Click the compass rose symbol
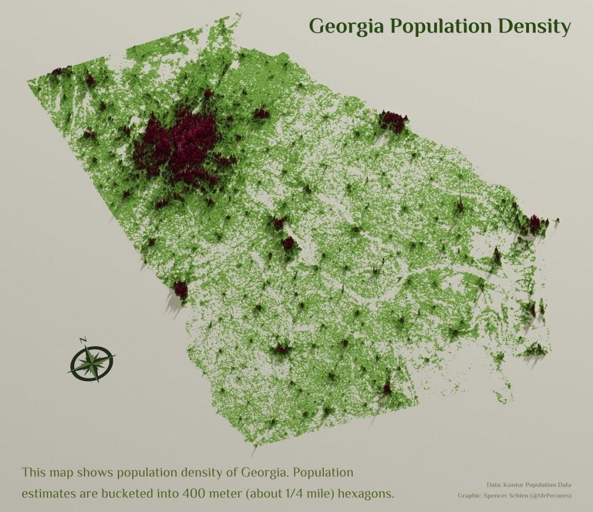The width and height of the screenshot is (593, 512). (92, 364)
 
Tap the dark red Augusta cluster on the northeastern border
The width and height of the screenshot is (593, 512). (394, 120)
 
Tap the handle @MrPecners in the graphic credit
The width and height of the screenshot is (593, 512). (547, 495)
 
